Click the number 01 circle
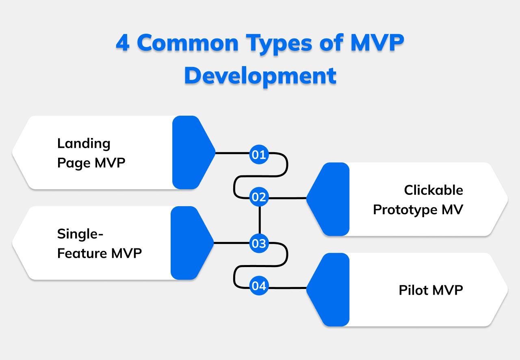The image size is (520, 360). [x=259, y=155]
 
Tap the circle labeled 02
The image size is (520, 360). [x=259, y=197]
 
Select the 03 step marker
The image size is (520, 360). [x=259, y=244]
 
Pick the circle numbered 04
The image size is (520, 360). [x=259, y=286]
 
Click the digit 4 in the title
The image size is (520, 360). [x=123, y=43]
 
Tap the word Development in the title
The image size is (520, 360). [x=260, y=75]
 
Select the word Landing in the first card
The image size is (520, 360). [x=84, y=144]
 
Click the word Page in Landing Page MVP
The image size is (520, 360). [x=74, y=163]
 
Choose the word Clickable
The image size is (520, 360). [x=433, y=190]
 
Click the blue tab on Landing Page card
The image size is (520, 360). [x=191, y=153]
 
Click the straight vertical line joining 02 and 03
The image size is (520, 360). [x=259, y=220]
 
